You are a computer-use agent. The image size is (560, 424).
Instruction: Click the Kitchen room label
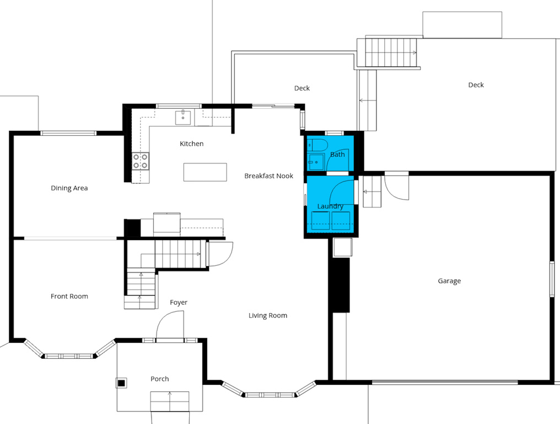191,144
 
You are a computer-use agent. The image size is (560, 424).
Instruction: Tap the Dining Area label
69,188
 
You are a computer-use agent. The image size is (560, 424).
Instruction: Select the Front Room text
69,296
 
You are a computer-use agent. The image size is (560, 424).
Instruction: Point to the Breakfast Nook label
268,176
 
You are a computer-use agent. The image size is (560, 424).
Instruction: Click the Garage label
449,281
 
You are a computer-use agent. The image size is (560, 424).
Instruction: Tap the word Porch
160,379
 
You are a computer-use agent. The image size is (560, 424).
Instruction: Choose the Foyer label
179,303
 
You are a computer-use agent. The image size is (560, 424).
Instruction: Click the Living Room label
268,316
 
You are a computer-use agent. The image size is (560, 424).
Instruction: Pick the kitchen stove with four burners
141,161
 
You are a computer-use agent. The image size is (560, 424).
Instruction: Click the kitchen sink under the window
183,118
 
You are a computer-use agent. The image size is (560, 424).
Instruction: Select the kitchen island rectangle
205,172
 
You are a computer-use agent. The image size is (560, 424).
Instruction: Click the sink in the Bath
316,162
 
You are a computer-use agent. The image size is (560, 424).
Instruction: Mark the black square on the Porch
121,383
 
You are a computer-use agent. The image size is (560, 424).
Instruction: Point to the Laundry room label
330,206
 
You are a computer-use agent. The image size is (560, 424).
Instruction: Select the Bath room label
337,155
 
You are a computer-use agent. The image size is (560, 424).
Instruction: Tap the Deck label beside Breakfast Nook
302,88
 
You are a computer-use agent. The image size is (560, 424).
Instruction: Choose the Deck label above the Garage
476,85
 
